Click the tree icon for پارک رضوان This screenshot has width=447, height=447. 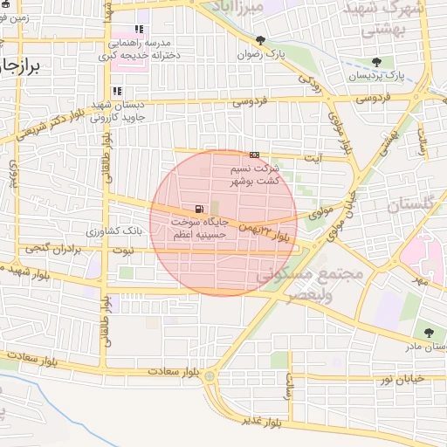click(x=260, y=40)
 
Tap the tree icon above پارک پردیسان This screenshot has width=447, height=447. click(x=376, y=62)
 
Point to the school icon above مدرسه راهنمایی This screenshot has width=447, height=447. click(x=139, y=30)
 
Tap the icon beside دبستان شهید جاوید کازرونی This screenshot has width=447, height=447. click(x=117, y=91)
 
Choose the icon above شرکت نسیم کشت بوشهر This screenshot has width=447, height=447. click(x=254, y=155)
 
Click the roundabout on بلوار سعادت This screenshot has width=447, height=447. click(x=210, y=375)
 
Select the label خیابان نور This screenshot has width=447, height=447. click(x=401, y=377)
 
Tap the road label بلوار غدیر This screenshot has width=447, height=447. click(x=263, y=422)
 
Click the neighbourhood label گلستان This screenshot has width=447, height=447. click(x=409, y=207)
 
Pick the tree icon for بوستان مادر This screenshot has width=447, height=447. click(x=428, y=333)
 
